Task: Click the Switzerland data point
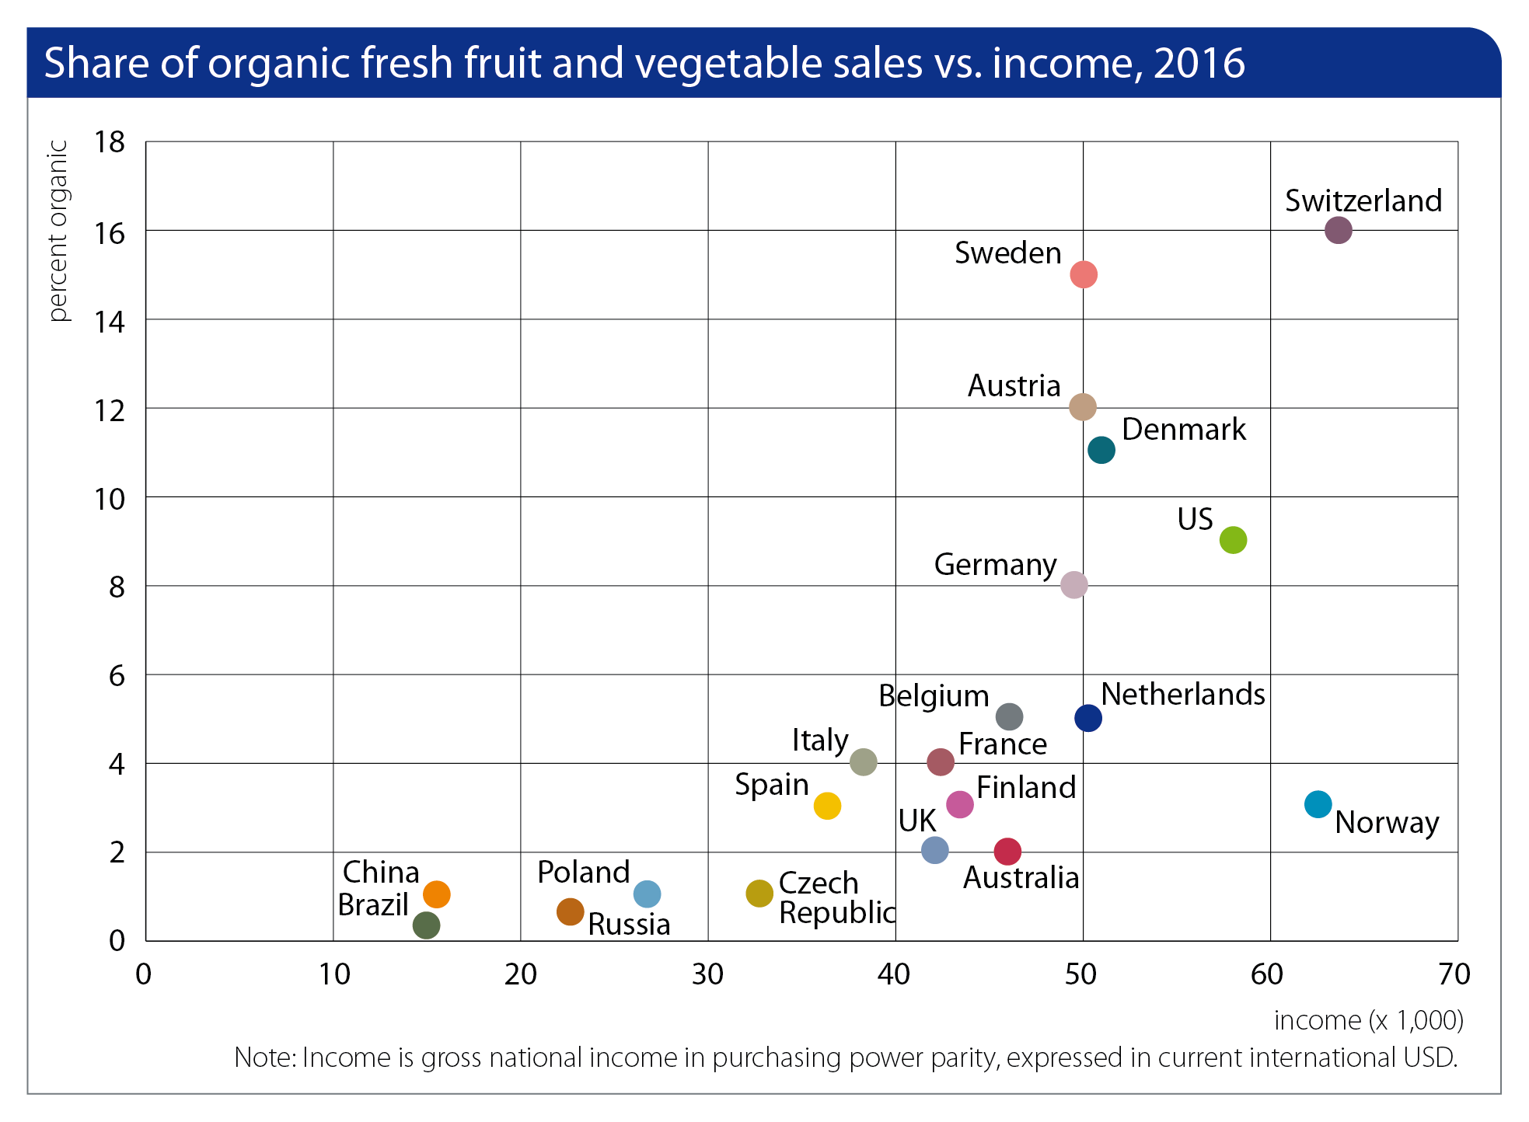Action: click(x=1338, y=230)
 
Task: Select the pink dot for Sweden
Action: click(x=1083, y=274)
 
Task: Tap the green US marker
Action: click(x=1233, y=539)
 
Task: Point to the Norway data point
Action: click(x=1318, y=804)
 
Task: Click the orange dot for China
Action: click(x=437, y=894)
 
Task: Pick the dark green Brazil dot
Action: click(x=426, y=925)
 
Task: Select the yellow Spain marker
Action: click(x=827, y=806)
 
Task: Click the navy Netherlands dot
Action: click(x=1087, y=718)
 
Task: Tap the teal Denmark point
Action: click(x=1101, y=450)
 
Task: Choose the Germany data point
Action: click(x=1073, y=584)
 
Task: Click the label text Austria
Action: click(x=1014, y=386)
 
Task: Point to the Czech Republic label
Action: click(x=836, y=898)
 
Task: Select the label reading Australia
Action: click(x=1021, y=878)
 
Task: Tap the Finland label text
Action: click(x=1026, y=788)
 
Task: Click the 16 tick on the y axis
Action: click(x=110, y=232)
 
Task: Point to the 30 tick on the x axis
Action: click(x=707, y=974)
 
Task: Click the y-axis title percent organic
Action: click(x=58, y=231)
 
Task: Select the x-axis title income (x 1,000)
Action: click(x=1368, y=1020)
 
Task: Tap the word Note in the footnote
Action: click(x=264, y=1058)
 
